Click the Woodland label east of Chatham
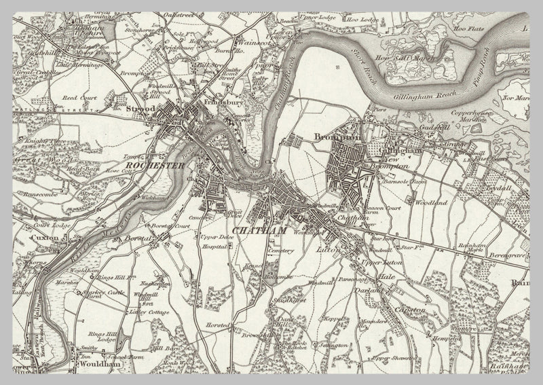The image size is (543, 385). (x=431, y=202)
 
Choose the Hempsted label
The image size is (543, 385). (x=447, y=337)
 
